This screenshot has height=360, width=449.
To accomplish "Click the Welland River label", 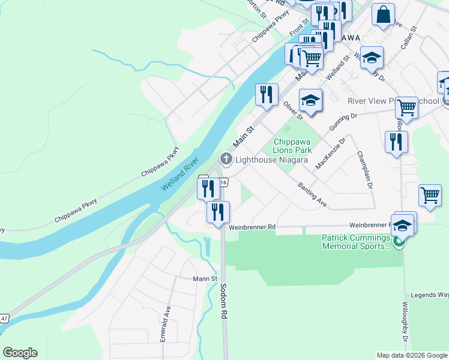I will (179, 174).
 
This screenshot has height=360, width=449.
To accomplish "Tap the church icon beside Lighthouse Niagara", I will (226, 159).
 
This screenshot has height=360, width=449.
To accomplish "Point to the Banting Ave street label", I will (312, 195).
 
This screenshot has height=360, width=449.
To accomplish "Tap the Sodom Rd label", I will (223, 301).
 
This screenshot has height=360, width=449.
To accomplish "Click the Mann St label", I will (205, 278).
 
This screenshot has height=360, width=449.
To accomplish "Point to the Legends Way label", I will (429, 295).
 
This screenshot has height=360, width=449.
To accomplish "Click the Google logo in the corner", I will (20, 353).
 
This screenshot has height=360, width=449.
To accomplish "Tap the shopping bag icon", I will (383, 14).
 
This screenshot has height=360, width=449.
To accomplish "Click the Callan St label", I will (410, 37).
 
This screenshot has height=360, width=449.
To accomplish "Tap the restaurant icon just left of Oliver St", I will (267, 94).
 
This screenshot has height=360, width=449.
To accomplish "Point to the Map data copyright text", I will (412, 355).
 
